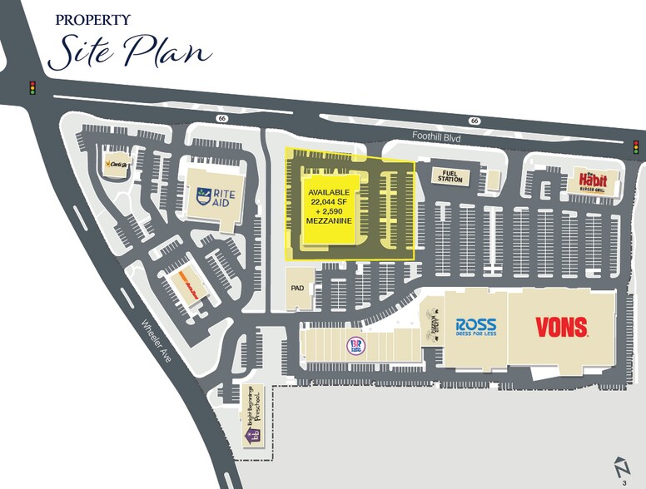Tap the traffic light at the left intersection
[33, 87]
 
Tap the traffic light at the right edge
[636, 147]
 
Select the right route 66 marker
[474, 121]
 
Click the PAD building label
[298, 288]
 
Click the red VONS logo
[561, 326]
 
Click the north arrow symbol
[620, 465]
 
